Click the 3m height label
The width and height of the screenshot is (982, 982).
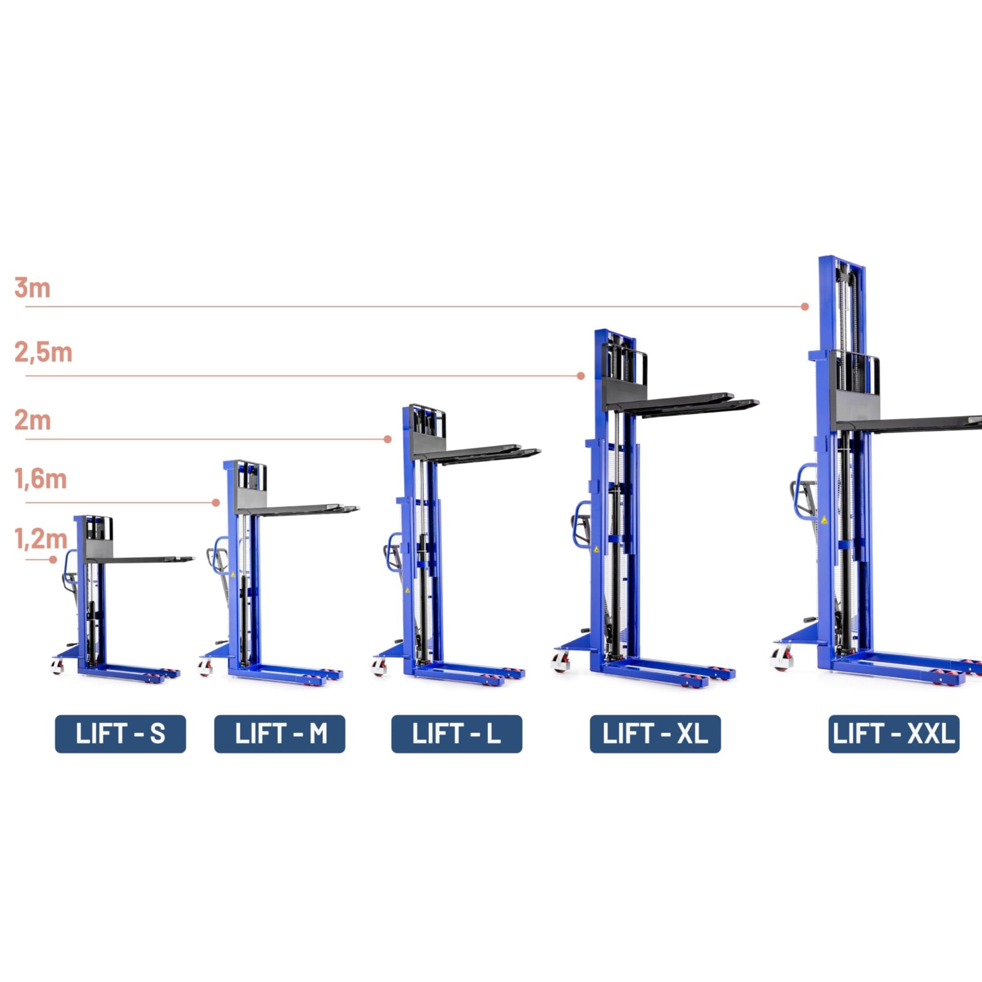click(32, 288)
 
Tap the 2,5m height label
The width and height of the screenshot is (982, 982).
click(43, 353)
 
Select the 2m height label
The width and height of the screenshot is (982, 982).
click(32, 421)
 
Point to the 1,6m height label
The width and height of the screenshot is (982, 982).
click(41, 479)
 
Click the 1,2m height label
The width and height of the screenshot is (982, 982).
click(41, 539)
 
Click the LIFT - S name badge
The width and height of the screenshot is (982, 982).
click(120, 734)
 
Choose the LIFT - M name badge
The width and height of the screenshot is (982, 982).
click(280, 734)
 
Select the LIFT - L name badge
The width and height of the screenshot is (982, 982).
click(456, 734)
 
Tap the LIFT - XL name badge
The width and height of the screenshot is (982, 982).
click(655, 734)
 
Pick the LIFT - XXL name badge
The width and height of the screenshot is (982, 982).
click(894, 734)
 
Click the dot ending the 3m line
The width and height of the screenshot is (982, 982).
click(805, 307)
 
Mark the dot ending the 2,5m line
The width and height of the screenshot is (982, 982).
click(581, 376)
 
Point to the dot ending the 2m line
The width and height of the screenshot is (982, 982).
click(388, 439)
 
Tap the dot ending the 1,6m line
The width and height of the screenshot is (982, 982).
click(216, 503)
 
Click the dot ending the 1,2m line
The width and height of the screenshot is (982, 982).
click(53, 560)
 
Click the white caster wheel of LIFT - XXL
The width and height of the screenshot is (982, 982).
click(782, 659)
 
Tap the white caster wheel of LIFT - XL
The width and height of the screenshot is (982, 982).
click(561, 662)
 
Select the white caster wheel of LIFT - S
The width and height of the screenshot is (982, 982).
click(57, 666)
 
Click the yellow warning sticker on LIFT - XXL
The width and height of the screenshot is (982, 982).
click(824, 520)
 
